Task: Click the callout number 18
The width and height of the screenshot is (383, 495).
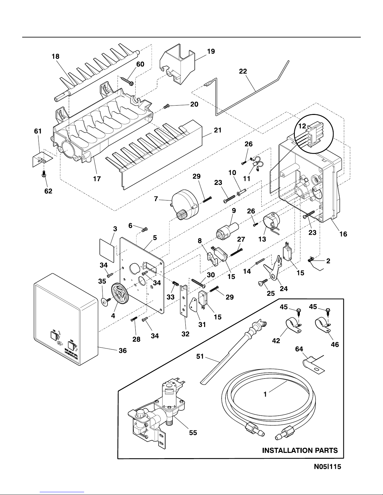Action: point(56,57)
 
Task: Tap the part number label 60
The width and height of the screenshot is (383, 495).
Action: point(140,64)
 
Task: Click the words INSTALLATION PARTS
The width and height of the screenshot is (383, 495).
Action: point(300,450)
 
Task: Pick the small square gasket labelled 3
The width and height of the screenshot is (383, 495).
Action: point(106,250)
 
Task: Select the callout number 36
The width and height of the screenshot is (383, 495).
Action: point(123,351)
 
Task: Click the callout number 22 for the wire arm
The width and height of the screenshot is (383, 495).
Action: point(243,71)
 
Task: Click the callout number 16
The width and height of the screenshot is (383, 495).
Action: point(343,234)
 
